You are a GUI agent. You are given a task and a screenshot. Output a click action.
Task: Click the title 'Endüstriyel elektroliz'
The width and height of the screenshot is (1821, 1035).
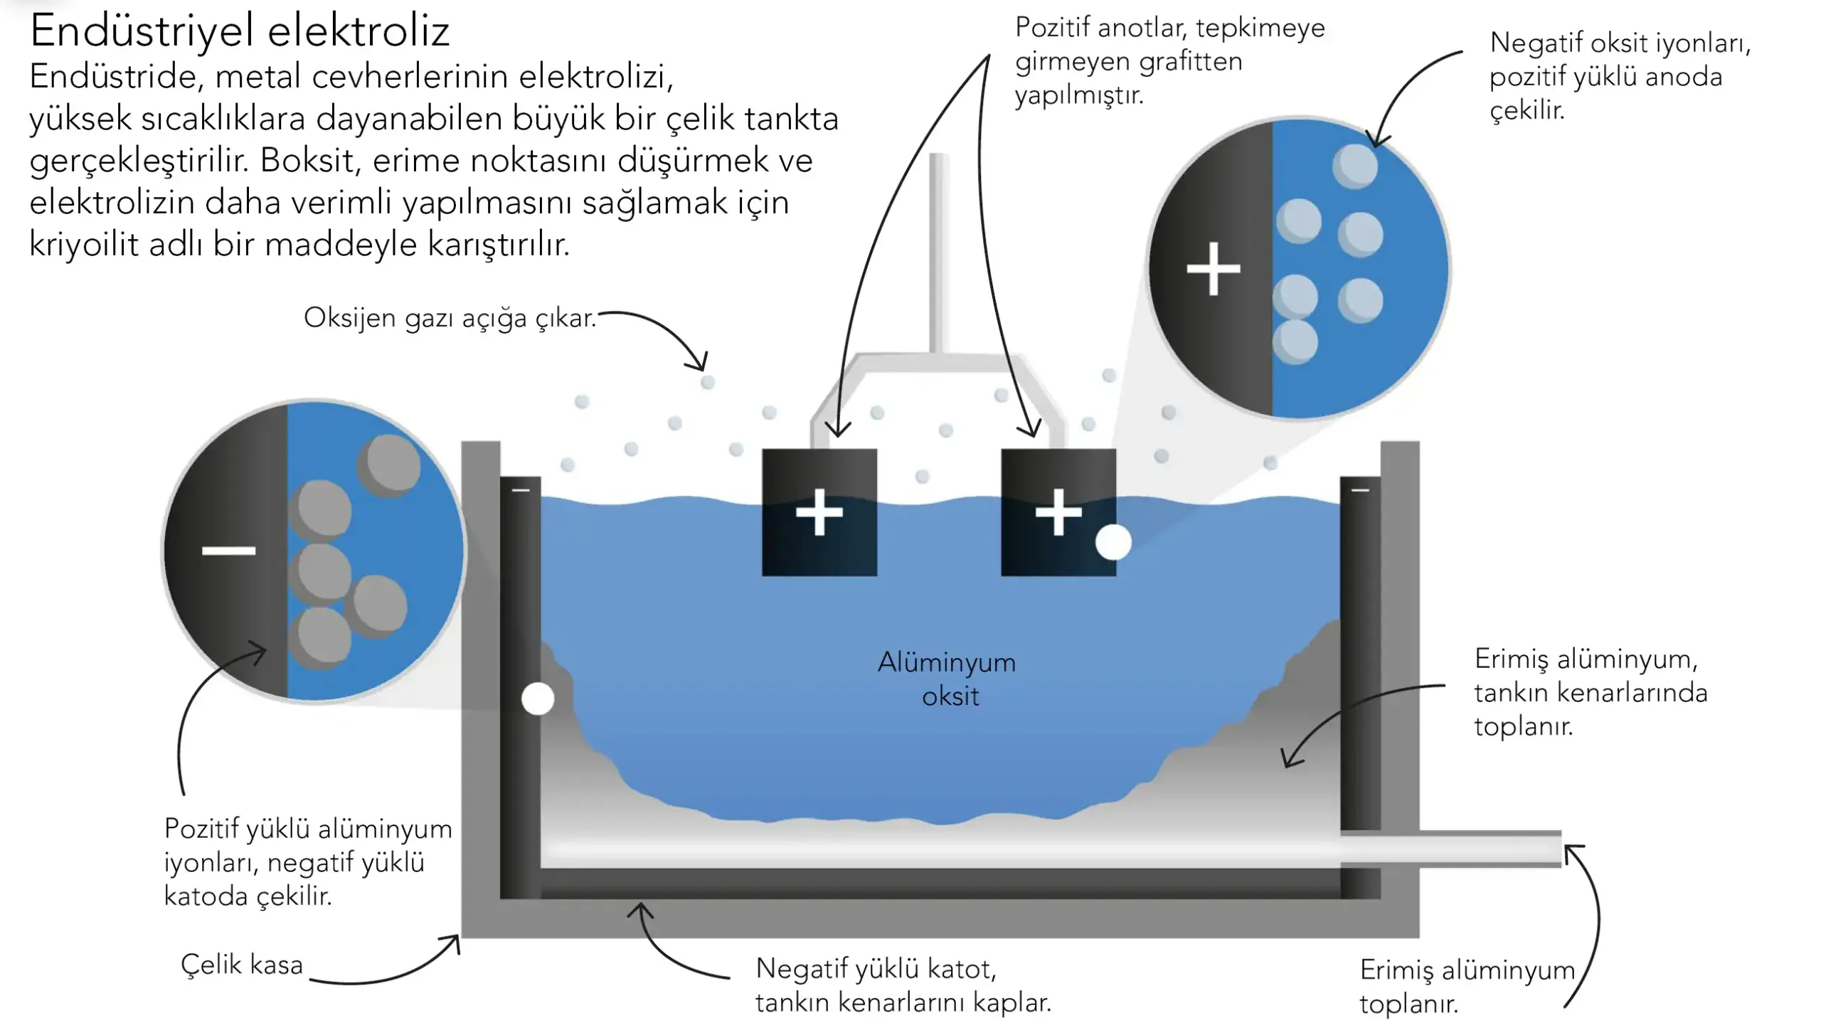240,31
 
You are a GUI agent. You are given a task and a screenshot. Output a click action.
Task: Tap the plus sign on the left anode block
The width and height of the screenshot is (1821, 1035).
819,511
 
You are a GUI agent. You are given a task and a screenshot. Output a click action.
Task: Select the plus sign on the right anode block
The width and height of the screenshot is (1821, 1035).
1058,511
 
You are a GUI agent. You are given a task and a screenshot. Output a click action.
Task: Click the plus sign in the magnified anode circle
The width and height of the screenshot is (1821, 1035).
1214,269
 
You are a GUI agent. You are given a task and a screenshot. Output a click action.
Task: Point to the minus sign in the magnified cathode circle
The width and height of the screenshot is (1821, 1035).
228,551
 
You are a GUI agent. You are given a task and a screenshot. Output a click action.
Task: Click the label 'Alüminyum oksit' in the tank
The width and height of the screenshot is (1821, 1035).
948,679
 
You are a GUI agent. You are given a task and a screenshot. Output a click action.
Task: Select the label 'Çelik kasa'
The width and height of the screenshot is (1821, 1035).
242,965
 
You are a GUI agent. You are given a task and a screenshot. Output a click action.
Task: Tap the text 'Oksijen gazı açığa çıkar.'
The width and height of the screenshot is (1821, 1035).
450,318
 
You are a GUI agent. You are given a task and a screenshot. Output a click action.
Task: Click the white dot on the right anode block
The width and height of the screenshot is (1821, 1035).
1113,542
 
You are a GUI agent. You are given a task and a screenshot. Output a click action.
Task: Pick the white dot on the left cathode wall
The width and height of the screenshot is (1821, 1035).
538,699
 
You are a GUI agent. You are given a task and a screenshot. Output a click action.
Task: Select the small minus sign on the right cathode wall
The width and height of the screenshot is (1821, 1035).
1360,490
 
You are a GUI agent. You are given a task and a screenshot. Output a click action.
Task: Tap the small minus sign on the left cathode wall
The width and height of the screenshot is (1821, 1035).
521,490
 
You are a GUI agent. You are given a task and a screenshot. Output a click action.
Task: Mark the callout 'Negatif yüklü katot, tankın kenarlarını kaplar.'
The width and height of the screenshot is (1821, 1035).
903,985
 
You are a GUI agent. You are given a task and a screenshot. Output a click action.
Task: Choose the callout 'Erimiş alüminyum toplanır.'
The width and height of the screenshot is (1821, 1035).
1467,987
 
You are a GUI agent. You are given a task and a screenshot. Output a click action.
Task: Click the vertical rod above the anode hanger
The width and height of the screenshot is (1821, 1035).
939,253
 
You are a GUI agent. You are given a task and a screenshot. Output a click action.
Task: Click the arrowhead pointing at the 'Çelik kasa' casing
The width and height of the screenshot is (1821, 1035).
454,942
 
